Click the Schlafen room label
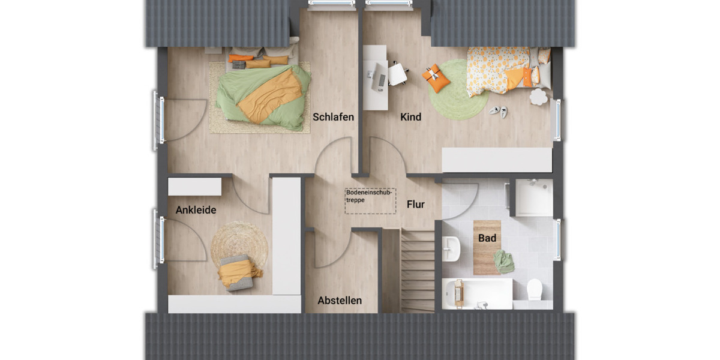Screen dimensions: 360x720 point(333,117)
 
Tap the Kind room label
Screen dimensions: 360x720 point(411,117)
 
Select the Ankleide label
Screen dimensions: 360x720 point(196,210)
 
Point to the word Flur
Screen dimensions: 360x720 point(416,205)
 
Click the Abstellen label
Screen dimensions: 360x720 point(340,300)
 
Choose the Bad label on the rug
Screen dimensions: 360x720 point(487,238)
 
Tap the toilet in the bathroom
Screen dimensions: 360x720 point(535,290)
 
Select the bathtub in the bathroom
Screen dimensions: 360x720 point(478,293)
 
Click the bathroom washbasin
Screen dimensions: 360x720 point(451,248)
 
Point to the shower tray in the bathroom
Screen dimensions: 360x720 point(534,197)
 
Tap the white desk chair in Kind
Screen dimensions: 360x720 point(397,74)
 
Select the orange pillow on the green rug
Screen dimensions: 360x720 point(436,79)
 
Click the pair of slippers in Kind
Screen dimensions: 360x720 point(498,111)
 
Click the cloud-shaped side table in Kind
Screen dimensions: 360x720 point(538,97)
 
